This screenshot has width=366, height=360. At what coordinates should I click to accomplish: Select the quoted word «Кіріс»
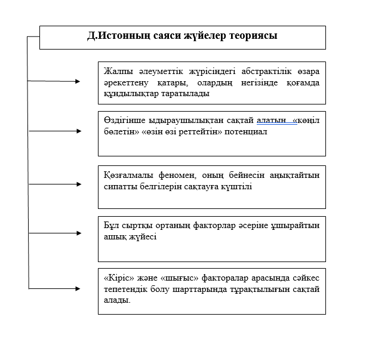point(117,279)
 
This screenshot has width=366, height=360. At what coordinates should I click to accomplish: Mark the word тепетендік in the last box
point(125,290)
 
